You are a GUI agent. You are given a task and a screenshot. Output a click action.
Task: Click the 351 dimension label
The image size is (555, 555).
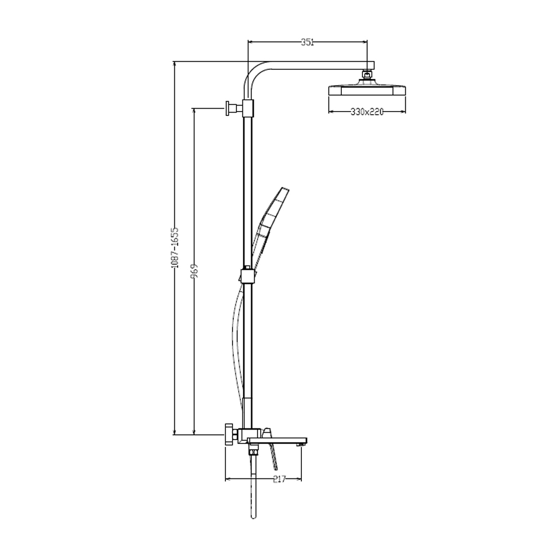coord(307,42)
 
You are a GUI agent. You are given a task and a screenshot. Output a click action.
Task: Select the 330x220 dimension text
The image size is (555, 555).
coord(367,112)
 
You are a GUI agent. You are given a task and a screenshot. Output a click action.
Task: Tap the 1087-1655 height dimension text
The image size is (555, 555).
coord(175,248)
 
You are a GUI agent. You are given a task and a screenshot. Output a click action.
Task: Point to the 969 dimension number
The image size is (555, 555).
coord(194,271)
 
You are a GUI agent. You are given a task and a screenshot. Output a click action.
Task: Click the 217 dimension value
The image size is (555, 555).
coord(279,480)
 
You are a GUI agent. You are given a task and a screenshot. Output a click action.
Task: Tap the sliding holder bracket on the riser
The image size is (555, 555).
coord(248,276)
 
